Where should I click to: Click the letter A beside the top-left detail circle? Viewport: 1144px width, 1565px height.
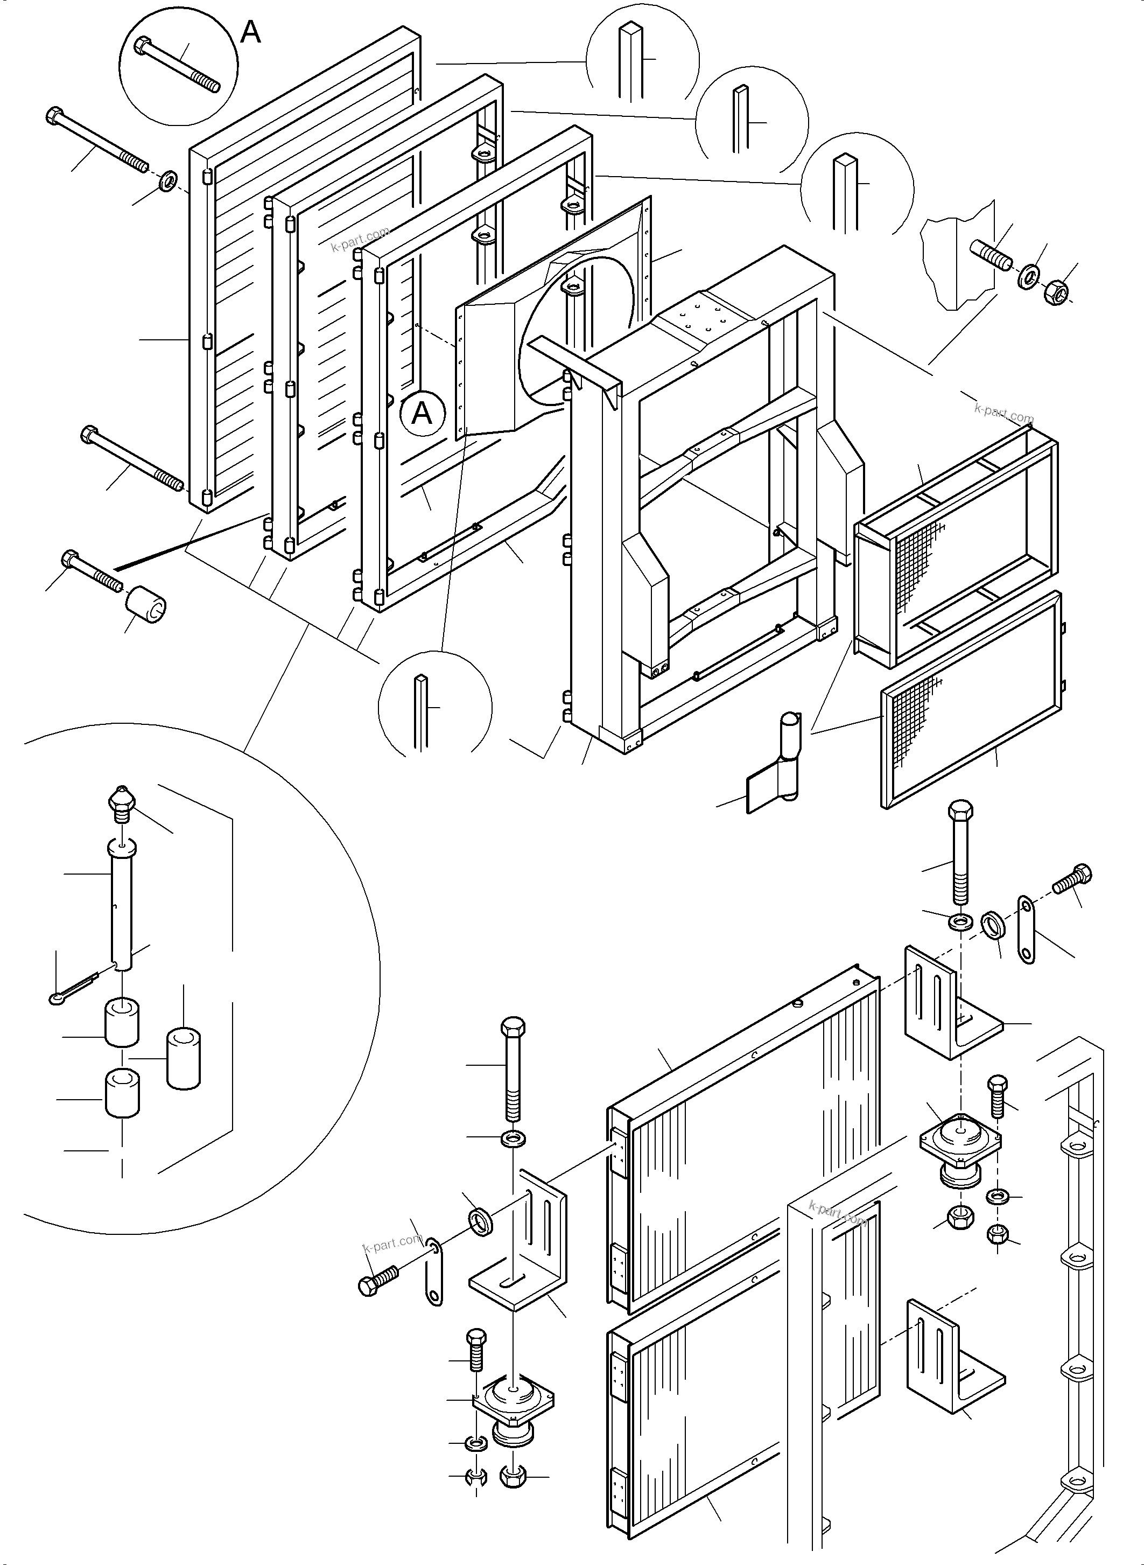(x=251, y=32)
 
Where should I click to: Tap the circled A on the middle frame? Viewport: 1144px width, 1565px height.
(x=422, y=414)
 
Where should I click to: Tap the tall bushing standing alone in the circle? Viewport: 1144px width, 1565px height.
(x=184, y=1059)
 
